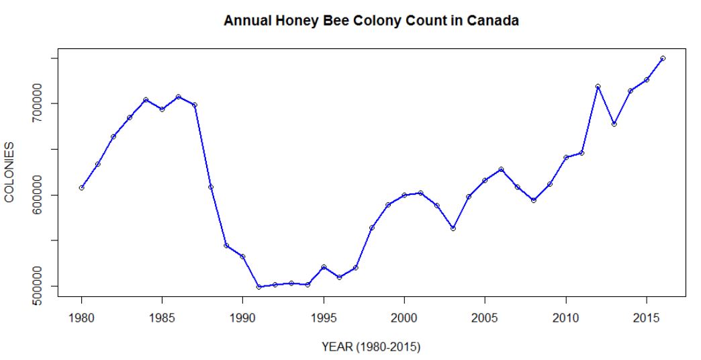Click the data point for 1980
81,187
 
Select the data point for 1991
259,287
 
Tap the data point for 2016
663,58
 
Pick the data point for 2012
598,87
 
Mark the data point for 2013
614,124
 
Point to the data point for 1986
178,97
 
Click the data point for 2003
453,228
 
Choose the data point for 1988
210,187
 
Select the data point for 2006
501,169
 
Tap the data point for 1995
324,267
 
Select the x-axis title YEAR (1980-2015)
371,347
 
